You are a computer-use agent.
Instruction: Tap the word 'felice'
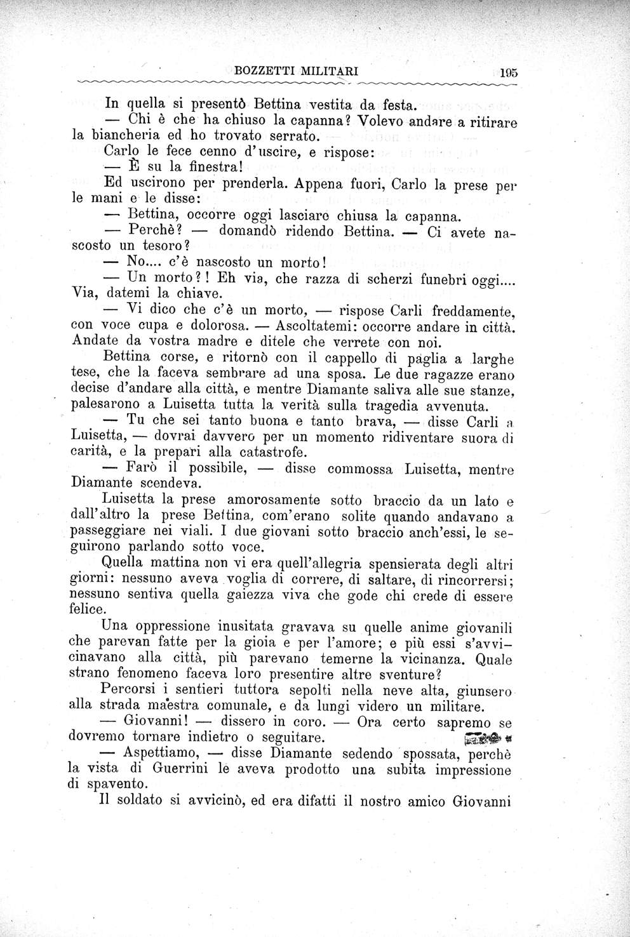pos(87,609)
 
